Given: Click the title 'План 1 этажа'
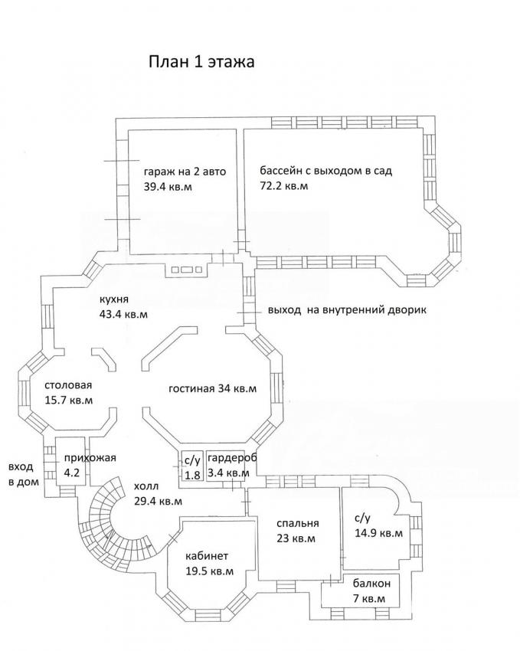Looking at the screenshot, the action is [201, 62].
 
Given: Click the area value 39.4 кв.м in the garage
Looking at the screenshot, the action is [168, 187].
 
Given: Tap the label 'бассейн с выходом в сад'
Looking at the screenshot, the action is [325, 171].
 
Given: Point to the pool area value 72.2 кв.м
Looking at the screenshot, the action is [284, 185].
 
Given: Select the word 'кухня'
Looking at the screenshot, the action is [113, 299].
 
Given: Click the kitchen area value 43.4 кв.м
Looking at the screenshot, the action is [123, 314].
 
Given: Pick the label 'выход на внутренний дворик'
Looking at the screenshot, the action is [347, 310].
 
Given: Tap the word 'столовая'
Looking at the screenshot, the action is [68, 385].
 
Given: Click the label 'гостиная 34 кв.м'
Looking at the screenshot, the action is [212, 389].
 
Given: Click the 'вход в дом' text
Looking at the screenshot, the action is [24, 474].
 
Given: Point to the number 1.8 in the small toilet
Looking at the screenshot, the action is [192, 475].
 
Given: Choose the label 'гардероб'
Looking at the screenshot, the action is [232, 458].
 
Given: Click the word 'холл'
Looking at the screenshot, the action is [146, 486].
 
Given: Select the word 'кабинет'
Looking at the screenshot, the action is [207, 556].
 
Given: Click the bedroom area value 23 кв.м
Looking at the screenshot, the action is [296, 538].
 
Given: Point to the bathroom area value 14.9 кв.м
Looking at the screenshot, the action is [378, 533].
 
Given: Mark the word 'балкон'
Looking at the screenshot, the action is [372, 584].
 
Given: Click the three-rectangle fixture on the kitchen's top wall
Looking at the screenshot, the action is [186, 270].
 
